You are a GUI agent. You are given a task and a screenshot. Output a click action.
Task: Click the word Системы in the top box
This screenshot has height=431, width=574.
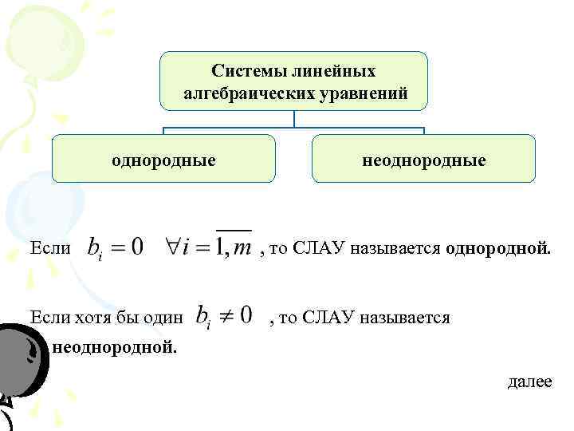coord(242,72)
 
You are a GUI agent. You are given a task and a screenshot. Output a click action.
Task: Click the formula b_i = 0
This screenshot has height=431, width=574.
coord(115,247)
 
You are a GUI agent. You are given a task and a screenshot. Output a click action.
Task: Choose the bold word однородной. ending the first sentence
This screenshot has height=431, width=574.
coord(497,248)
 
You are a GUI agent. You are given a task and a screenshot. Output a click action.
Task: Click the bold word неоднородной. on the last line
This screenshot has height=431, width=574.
coord(115,347)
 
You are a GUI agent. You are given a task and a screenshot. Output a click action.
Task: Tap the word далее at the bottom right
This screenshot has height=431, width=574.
coord(529,382)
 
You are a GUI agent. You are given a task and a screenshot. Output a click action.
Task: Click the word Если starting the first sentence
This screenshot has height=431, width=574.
coord(49,248)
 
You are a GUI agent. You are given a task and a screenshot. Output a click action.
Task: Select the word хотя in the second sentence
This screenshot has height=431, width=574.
coord(95,318)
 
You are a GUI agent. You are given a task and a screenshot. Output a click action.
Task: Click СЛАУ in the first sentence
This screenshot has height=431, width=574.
coord(319,248)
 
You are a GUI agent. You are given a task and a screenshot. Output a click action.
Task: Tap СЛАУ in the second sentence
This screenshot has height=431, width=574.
coord(328,318)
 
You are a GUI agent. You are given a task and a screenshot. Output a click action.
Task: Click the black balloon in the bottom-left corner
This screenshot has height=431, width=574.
coord(24,367)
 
